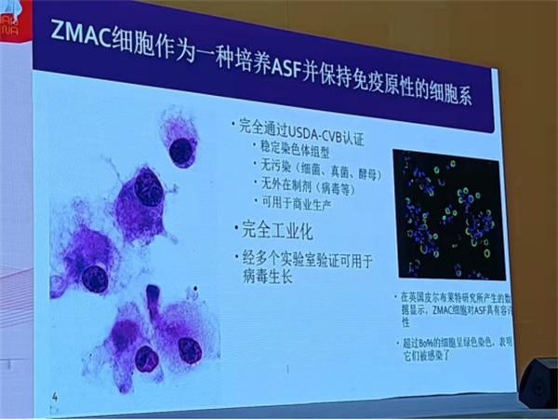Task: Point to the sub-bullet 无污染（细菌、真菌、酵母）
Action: pyautogui.click(x=317, y=163)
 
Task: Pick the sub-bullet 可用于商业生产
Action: pyautogui.click(x=297, y=202)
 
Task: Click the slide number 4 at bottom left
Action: pyautogui.click(x=56, y=399)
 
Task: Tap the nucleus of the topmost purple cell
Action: pyautogui.click(x=182, y=148)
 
